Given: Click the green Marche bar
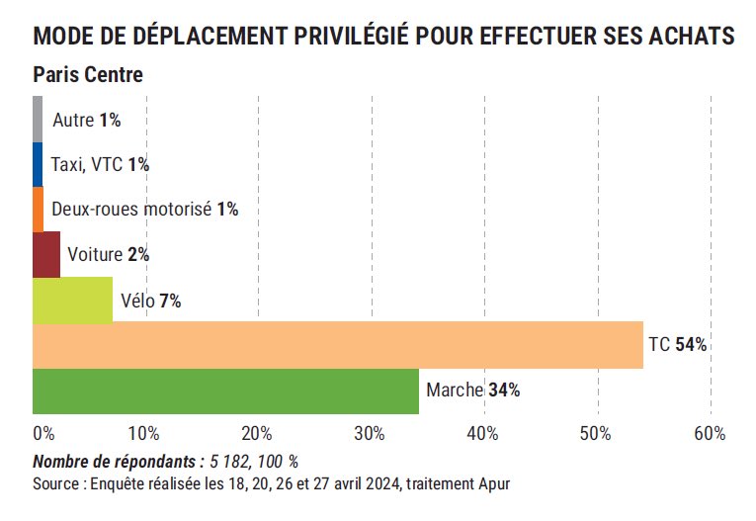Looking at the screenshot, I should [225, 391].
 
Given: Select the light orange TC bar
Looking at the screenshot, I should [338, 345].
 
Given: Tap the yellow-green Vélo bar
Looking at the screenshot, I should [72, 301].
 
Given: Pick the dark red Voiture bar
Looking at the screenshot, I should [46, 255].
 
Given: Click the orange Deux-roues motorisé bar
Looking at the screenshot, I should [38, 210].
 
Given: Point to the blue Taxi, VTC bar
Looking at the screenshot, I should [38, 165].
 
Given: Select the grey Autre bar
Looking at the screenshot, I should [38, 120].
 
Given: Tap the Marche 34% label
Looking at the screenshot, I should [472, 391].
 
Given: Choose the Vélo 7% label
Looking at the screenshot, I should [150, 301].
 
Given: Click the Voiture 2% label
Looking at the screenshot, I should [108, 255].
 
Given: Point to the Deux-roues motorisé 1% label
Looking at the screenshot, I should [144, 210].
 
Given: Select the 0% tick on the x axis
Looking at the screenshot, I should [43, 434].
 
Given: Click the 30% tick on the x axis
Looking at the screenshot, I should [371, 434].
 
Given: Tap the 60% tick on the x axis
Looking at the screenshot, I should [710, 434].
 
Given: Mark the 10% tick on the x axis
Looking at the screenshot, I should [144, 434].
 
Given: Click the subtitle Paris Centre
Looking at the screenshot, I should [88, 75].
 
